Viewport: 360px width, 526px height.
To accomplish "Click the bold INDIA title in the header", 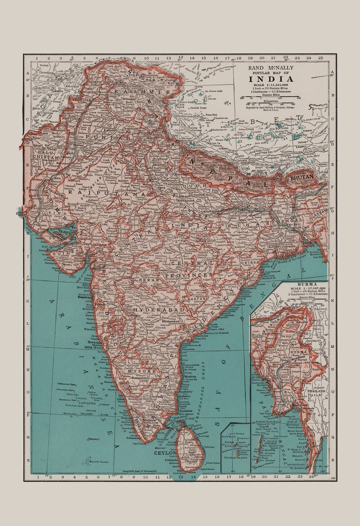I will click(270, 79).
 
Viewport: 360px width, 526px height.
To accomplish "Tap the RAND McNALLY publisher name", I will click(270, 68).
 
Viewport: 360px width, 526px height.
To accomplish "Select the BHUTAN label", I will click(302, 177).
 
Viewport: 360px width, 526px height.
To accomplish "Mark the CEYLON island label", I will click(165, 453).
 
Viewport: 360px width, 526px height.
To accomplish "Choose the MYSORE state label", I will click(141, 371).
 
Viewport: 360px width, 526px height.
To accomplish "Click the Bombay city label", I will click(84, 297).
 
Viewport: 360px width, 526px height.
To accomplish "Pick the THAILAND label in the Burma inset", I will click(316, 390).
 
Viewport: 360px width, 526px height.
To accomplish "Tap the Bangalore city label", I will click(140, 377).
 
